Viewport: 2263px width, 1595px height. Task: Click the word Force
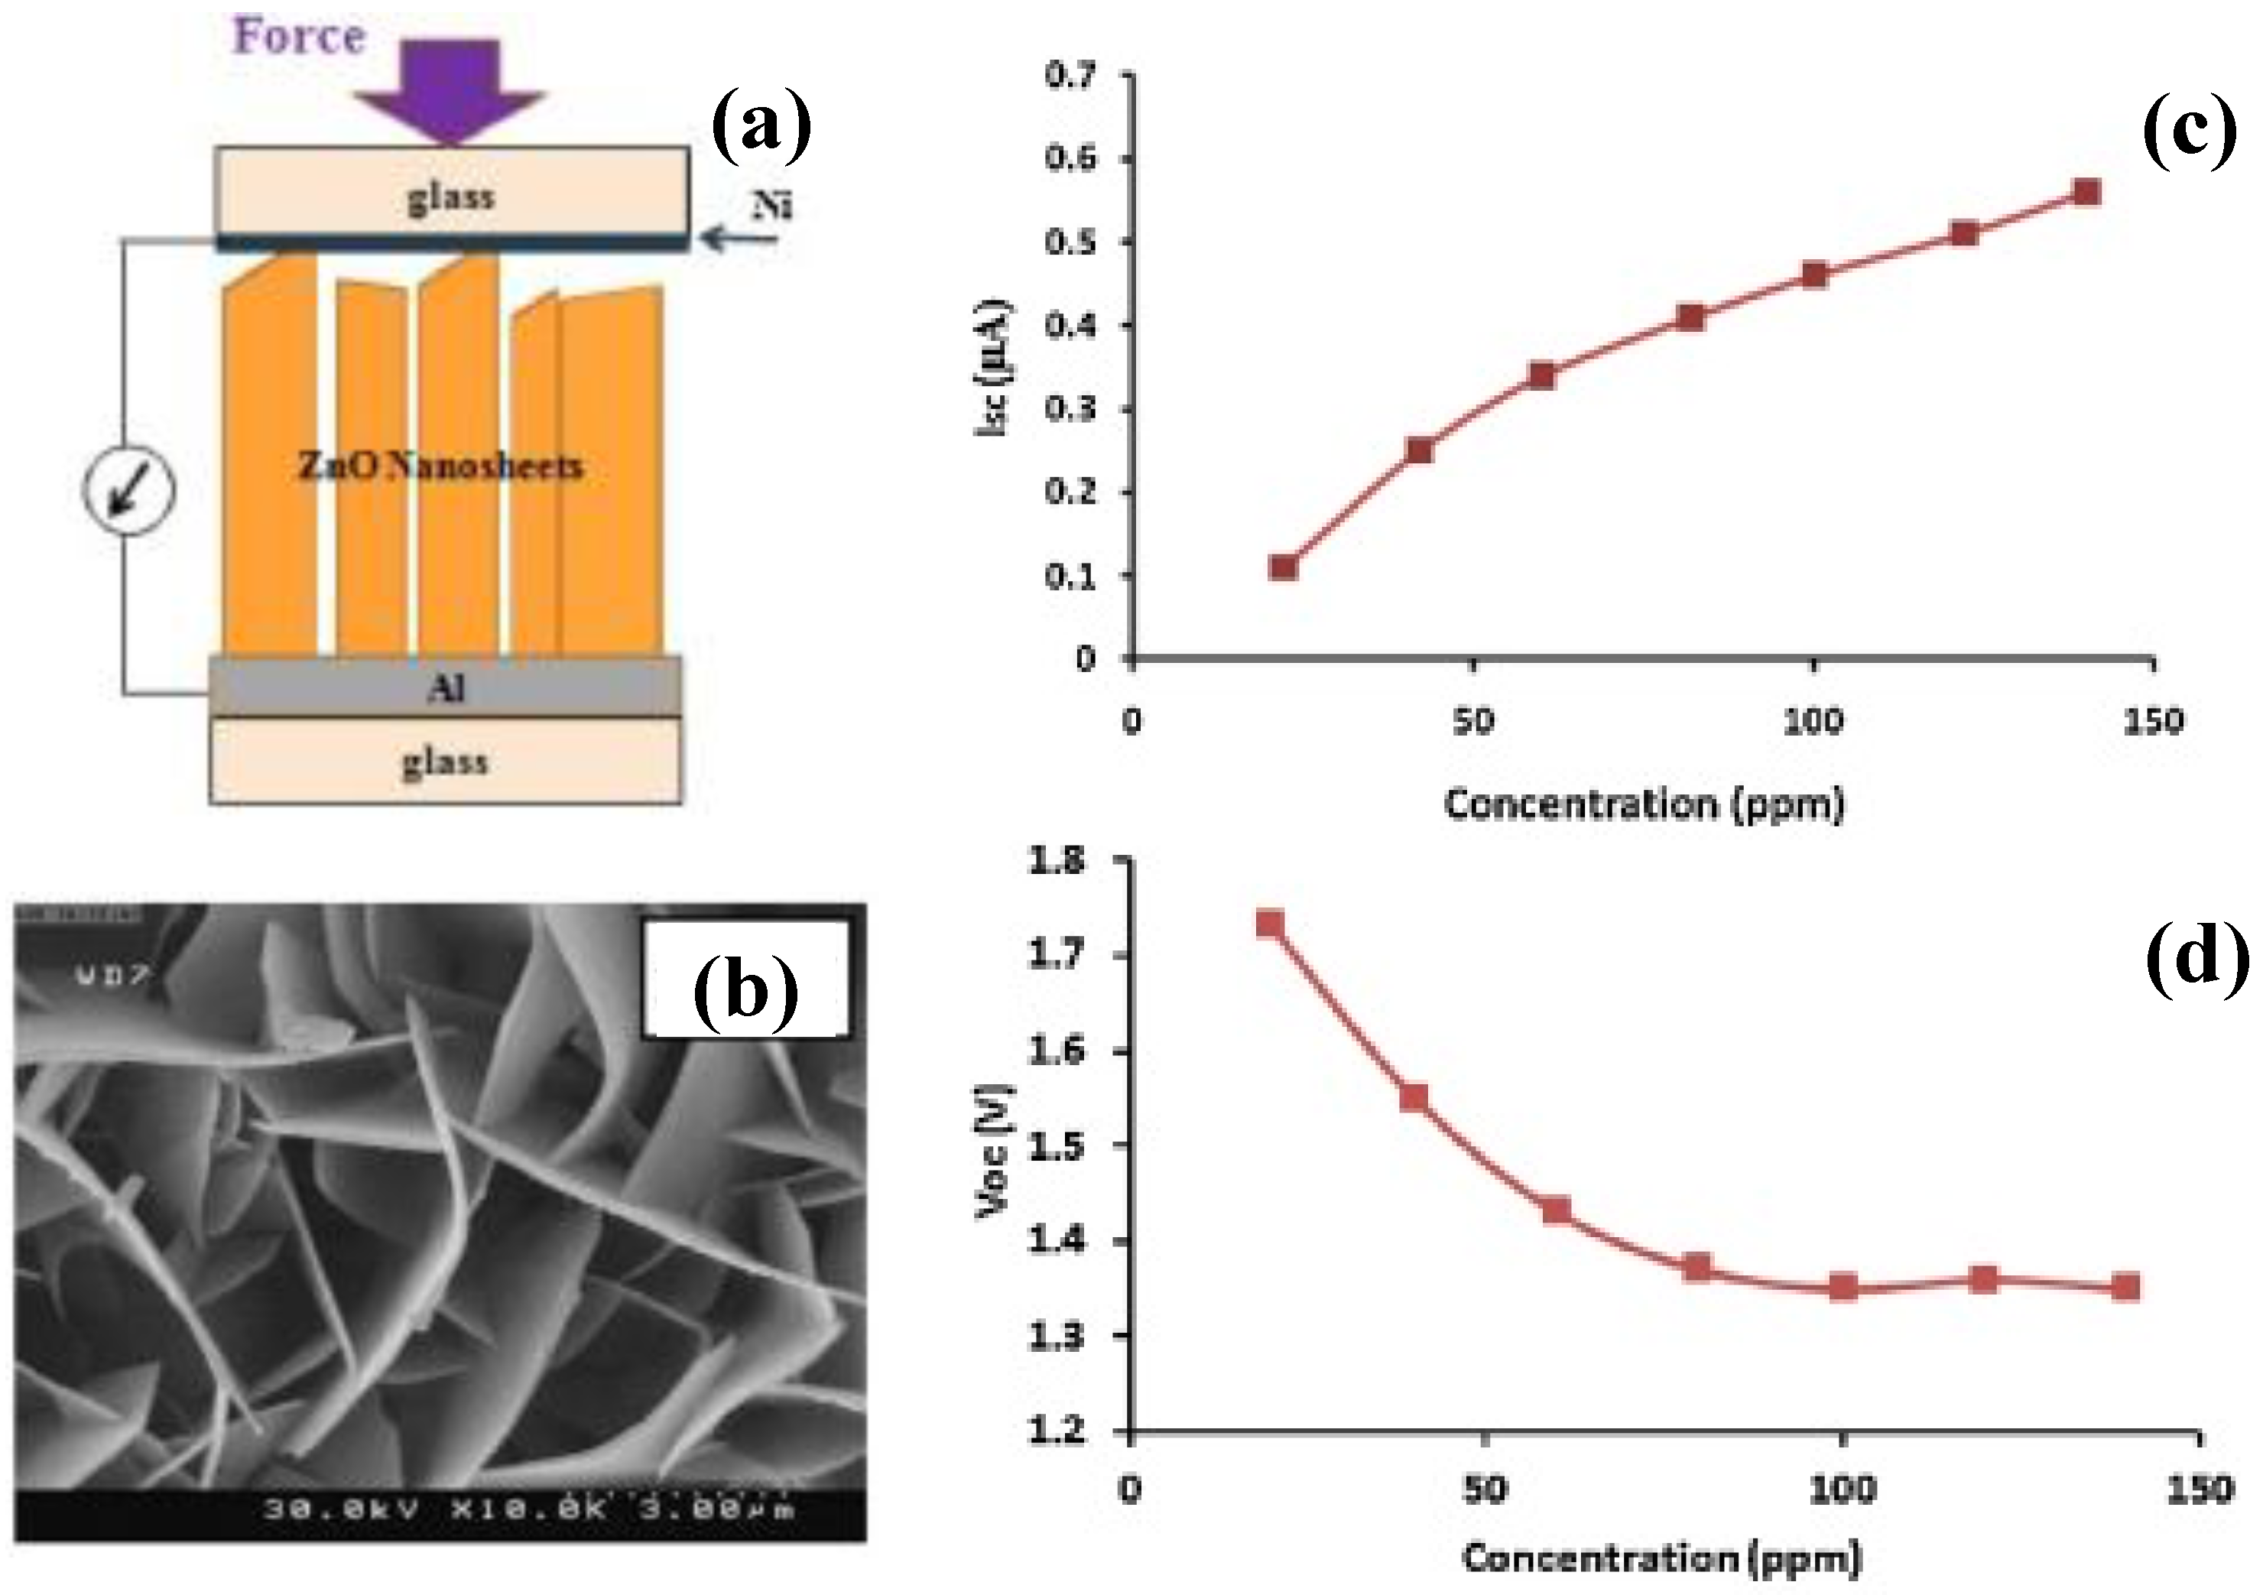point(299,37)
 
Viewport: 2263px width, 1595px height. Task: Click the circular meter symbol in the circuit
point(129,490)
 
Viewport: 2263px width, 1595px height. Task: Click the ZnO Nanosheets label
point(440,466)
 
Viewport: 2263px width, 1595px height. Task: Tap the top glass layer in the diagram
point(451,197)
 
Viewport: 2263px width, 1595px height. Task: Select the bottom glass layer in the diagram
point(444,761)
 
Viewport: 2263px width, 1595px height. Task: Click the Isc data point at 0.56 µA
point(2086,191)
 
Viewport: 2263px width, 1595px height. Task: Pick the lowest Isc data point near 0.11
point(1284,567)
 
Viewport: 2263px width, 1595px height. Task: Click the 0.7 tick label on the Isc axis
point(1074,75)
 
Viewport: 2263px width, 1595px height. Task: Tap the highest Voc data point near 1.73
point(1271,924)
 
